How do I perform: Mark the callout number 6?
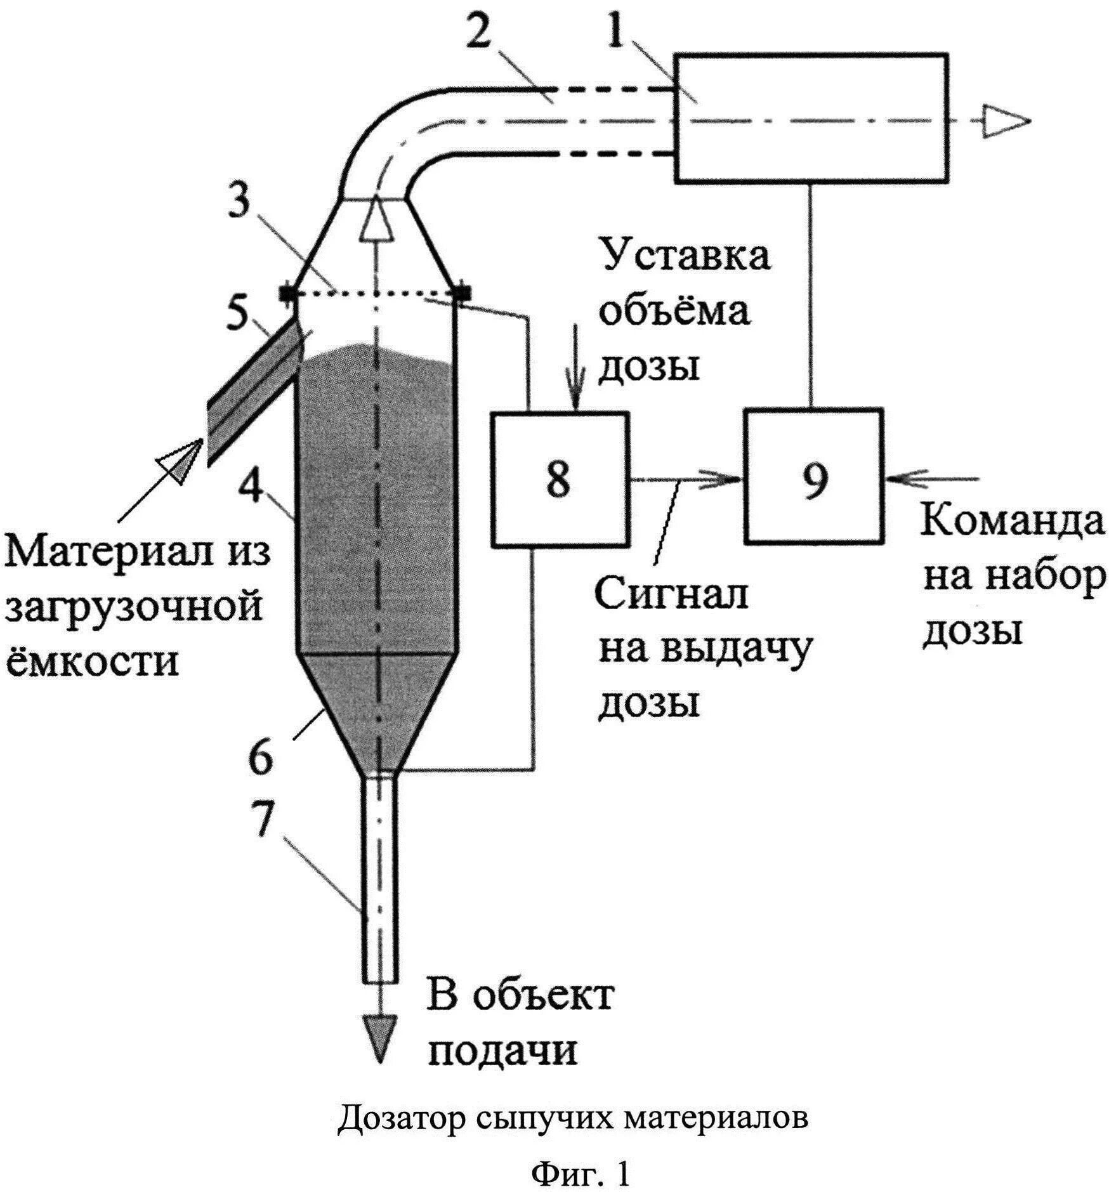[259, 757]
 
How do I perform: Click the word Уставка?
[686, 256]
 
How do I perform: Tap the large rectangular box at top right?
[811, 119]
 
